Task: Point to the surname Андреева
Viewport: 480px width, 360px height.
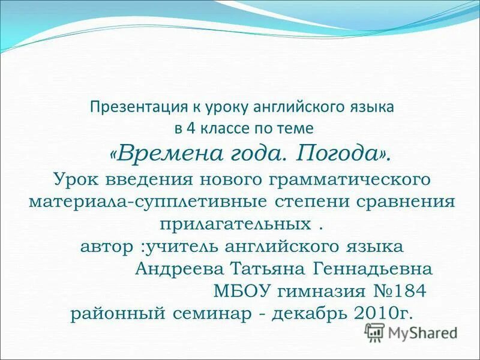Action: [x=172, y=269]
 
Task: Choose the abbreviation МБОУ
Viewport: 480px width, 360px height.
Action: [x=242, y=292]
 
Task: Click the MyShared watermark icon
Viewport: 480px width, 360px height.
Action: [x=375, y=332]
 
